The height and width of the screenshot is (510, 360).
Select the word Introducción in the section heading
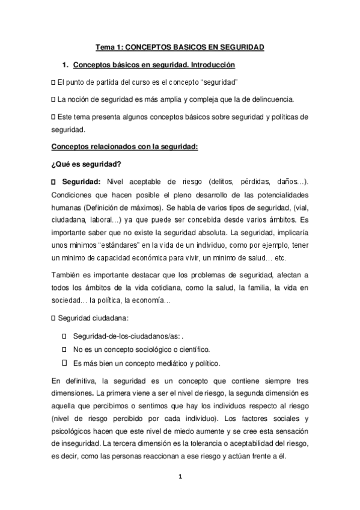coord(210,64)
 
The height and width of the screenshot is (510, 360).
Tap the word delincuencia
coord(275,99)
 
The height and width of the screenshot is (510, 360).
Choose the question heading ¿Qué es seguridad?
coord(78,164)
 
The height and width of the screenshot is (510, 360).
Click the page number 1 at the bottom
coord(180,479)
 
